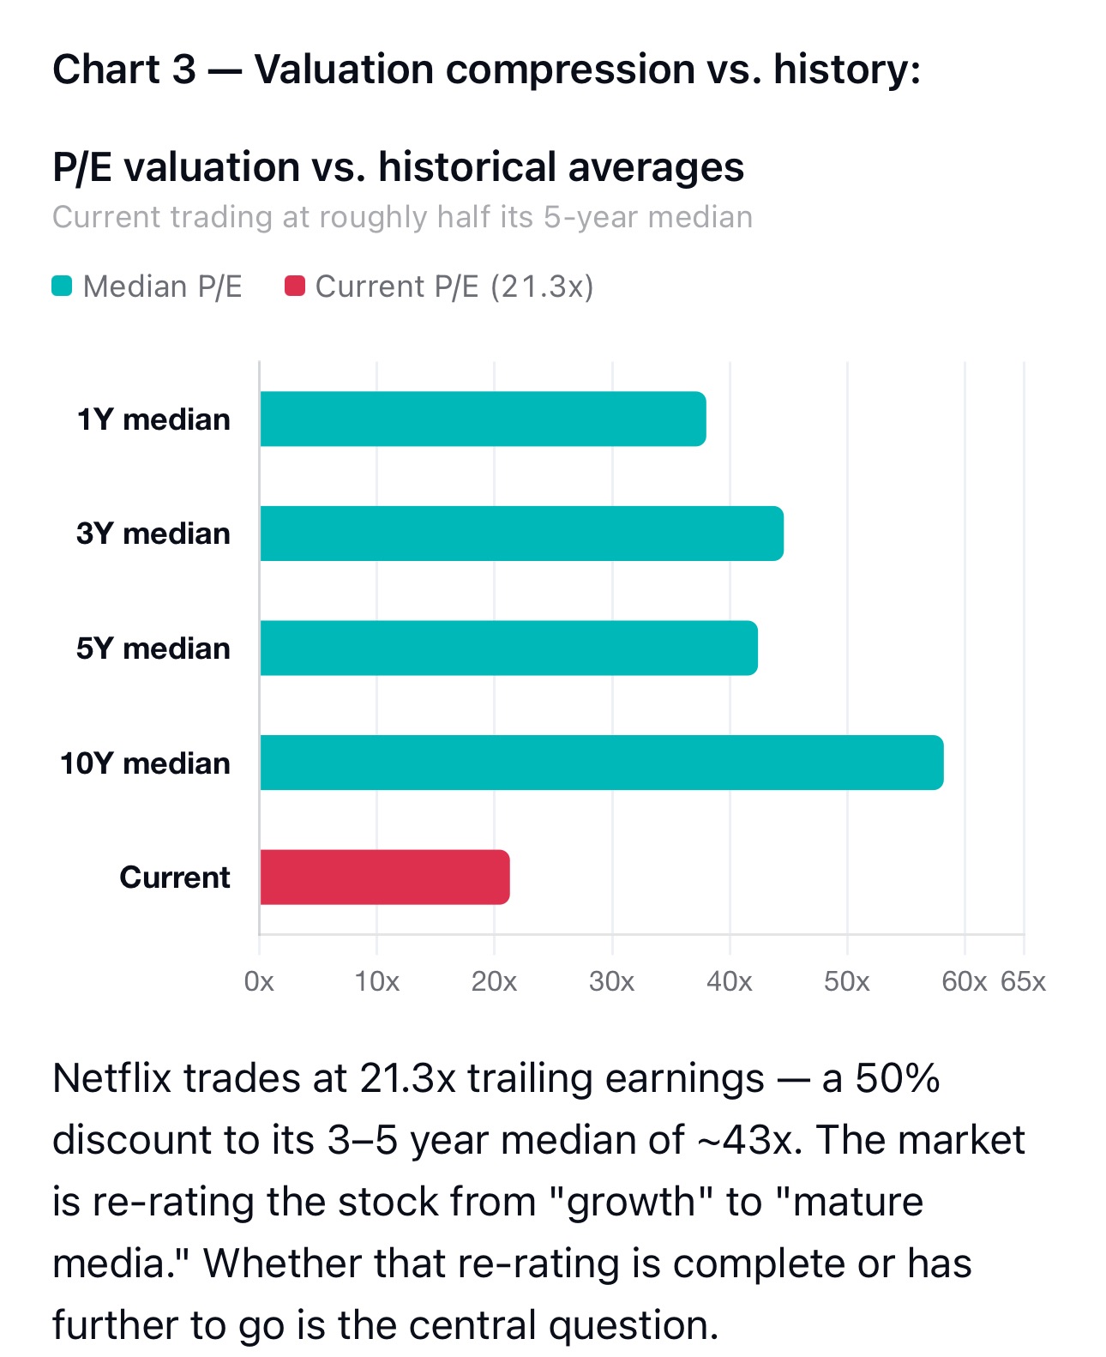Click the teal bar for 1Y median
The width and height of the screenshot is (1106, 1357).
click(483, 419)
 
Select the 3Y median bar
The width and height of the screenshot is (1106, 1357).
click(521, 533)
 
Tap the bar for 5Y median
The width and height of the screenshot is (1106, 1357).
click(508, 648)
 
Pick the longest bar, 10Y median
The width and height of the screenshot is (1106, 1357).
click(602, 762)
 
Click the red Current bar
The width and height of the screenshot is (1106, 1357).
click(384, 877)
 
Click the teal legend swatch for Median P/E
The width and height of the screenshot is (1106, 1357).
click(62, 286)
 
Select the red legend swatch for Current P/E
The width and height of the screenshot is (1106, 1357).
click(295, 286)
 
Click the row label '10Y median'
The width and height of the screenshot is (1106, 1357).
click(146, 763)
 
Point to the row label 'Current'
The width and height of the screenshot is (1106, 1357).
click(175, 877)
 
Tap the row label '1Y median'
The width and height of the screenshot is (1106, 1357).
click(153, 419)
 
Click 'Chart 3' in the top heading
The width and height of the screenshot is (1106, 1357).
click(124, 69)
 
